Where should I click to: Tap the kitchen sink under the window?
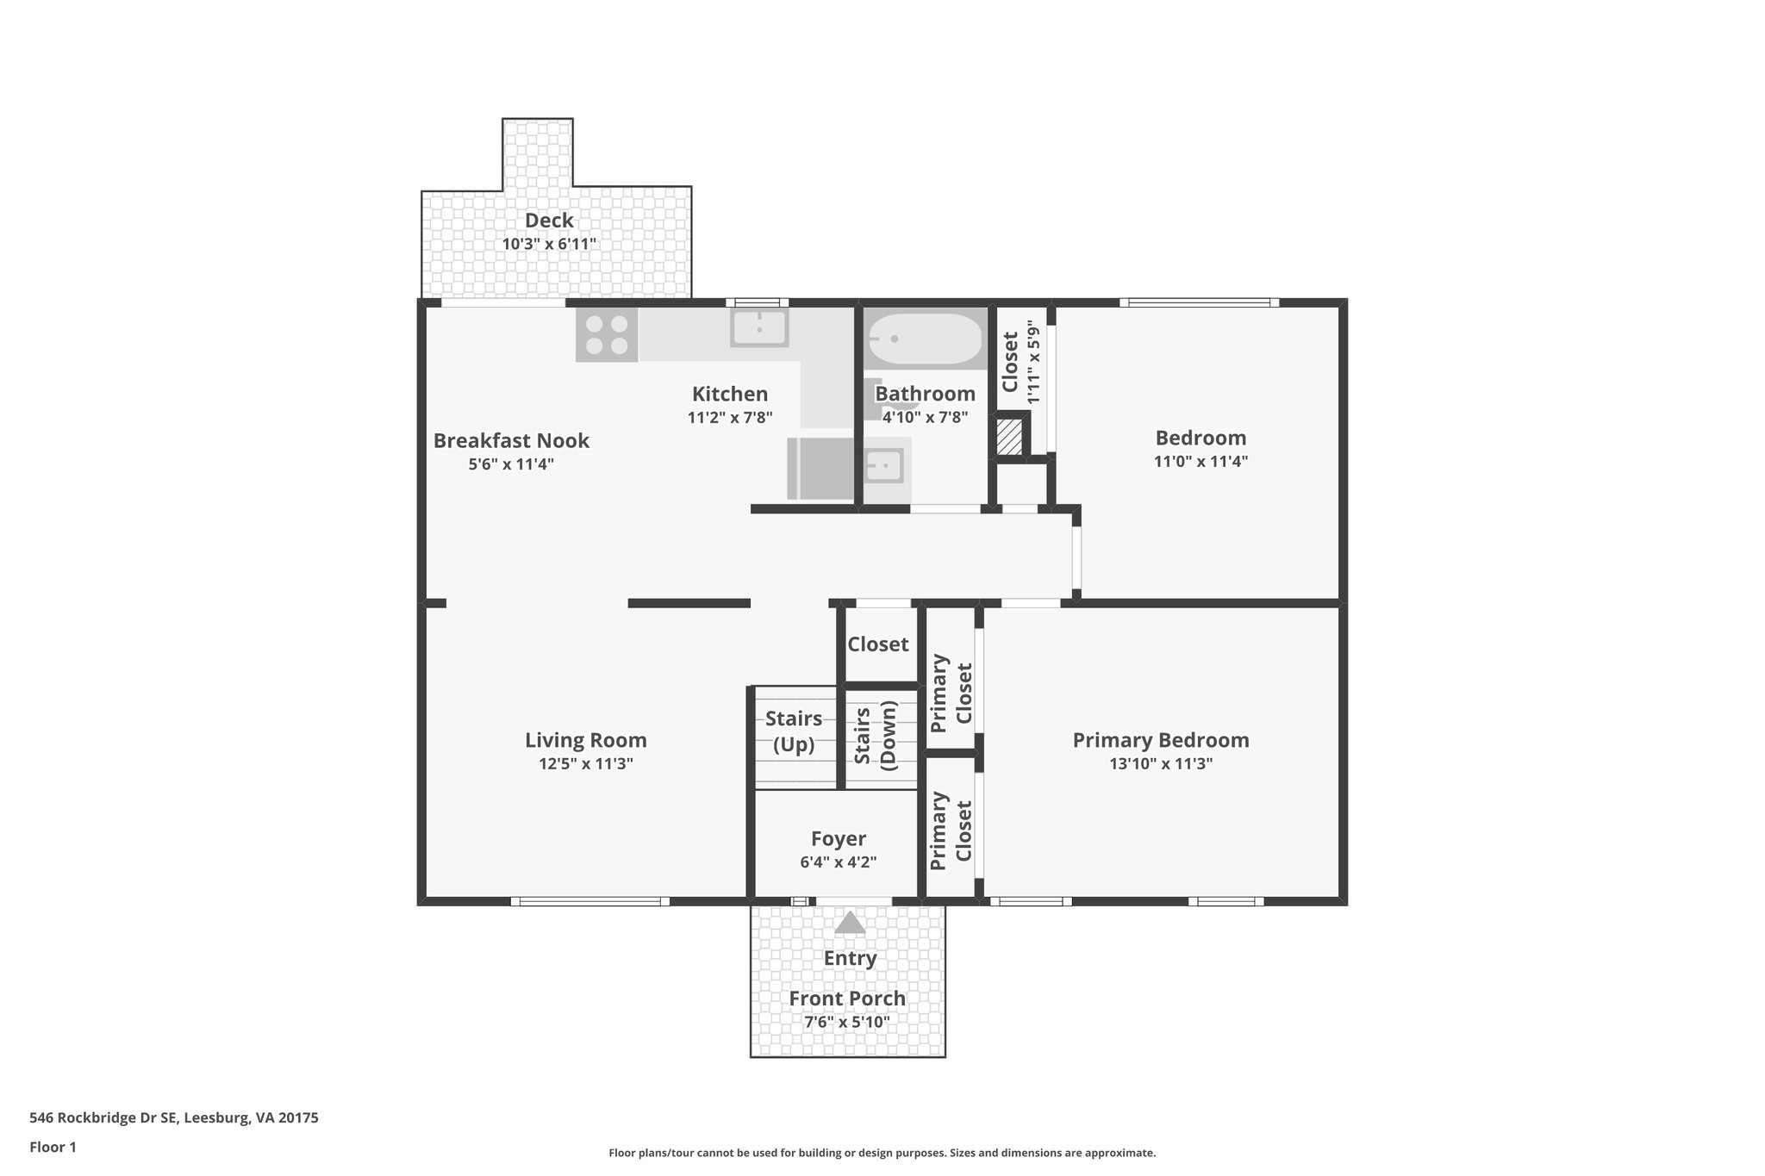pyautogui.click(x=759, y=328)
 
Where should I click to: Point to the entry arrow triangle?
pyautogui.click(x=850, y=924)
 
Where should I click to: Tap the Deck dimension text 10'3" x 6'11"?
pyautogui.click(x=549, y=244)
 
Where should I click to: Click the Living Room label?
pyautogui.click(x=586, y=740)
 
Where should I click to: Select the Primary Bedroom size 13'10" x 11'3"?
pyautogui.click(x=1161, y=763)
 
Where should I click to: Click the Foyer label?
pyautogui.click(x=839, y=838)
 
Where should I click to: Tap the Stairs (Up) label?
pyautogui.click(x=794, y=731)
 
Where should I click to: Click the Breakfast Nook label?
pyautogui.click(x=511, y=440)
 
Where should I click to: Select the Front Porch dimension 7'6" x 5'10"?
pyautogui.click(x=847, y=1023)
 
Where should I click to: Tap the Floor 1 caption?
pyautogui.click(x=53, y=1147)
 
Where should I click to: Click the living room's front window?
pyautogui.click(x=589, y=901)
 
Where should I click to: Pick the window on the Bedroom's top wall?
pyautogui.click(x=1199, y=302)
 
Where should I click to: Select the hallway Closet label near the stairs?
pyautogui.click(x=877, y=644)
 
